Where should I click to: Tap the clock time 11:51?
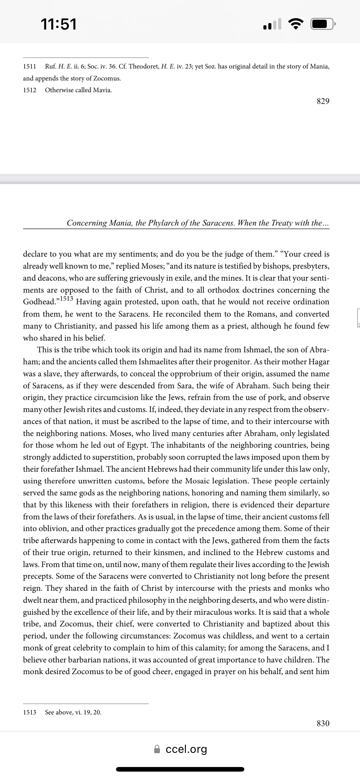pos(59,24)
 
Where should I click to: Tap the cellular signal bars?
pos(272,24)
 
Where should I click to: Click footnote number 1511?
pos(30,66)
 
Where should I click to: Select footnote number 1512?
pos(30,90)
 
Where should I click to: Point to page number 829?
pos(323,101)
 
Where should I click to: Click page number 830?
pos(323,723)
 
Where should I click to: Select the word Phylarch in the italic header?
pos(163,223)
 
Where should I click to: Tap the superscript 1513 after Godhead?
pos(66,298)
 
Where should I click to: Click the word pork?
pos(276,397)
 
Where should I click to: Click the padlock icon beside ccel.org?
pos(157,749)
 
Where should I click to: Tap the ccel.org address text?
pos(186,749)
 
